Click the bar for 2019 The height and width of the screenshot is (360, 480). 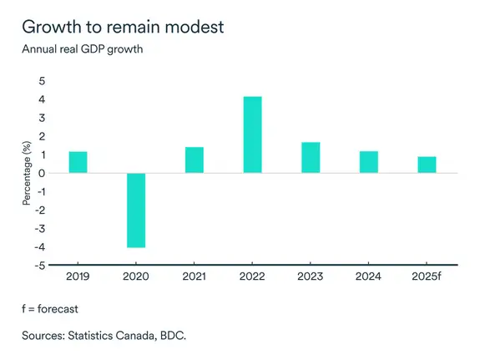78,162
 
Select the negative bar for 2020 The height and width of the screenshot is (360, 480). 136,210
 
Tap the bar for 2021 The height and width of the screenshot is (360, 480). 194,160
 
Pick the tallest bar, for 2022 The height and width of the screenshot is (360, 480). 252,134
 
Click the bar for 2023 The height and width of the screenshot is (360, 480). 310,157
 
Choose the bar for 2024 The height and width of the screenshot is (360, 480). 368,162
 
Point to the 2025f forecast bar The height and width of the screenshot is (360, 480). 426,165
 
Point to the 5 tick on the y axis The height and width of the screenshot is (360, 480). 42,81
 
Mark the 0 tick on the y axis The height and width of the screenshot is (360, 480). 42,173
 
